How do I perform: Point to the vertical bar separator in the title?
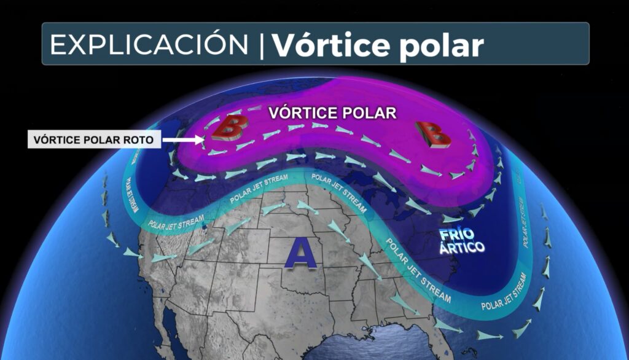(261, 44)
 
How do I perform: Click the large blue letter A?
(300, 252)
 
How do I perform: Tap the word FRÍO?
(458, 235)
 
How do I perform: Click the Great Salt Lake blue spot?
(205, 232)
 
